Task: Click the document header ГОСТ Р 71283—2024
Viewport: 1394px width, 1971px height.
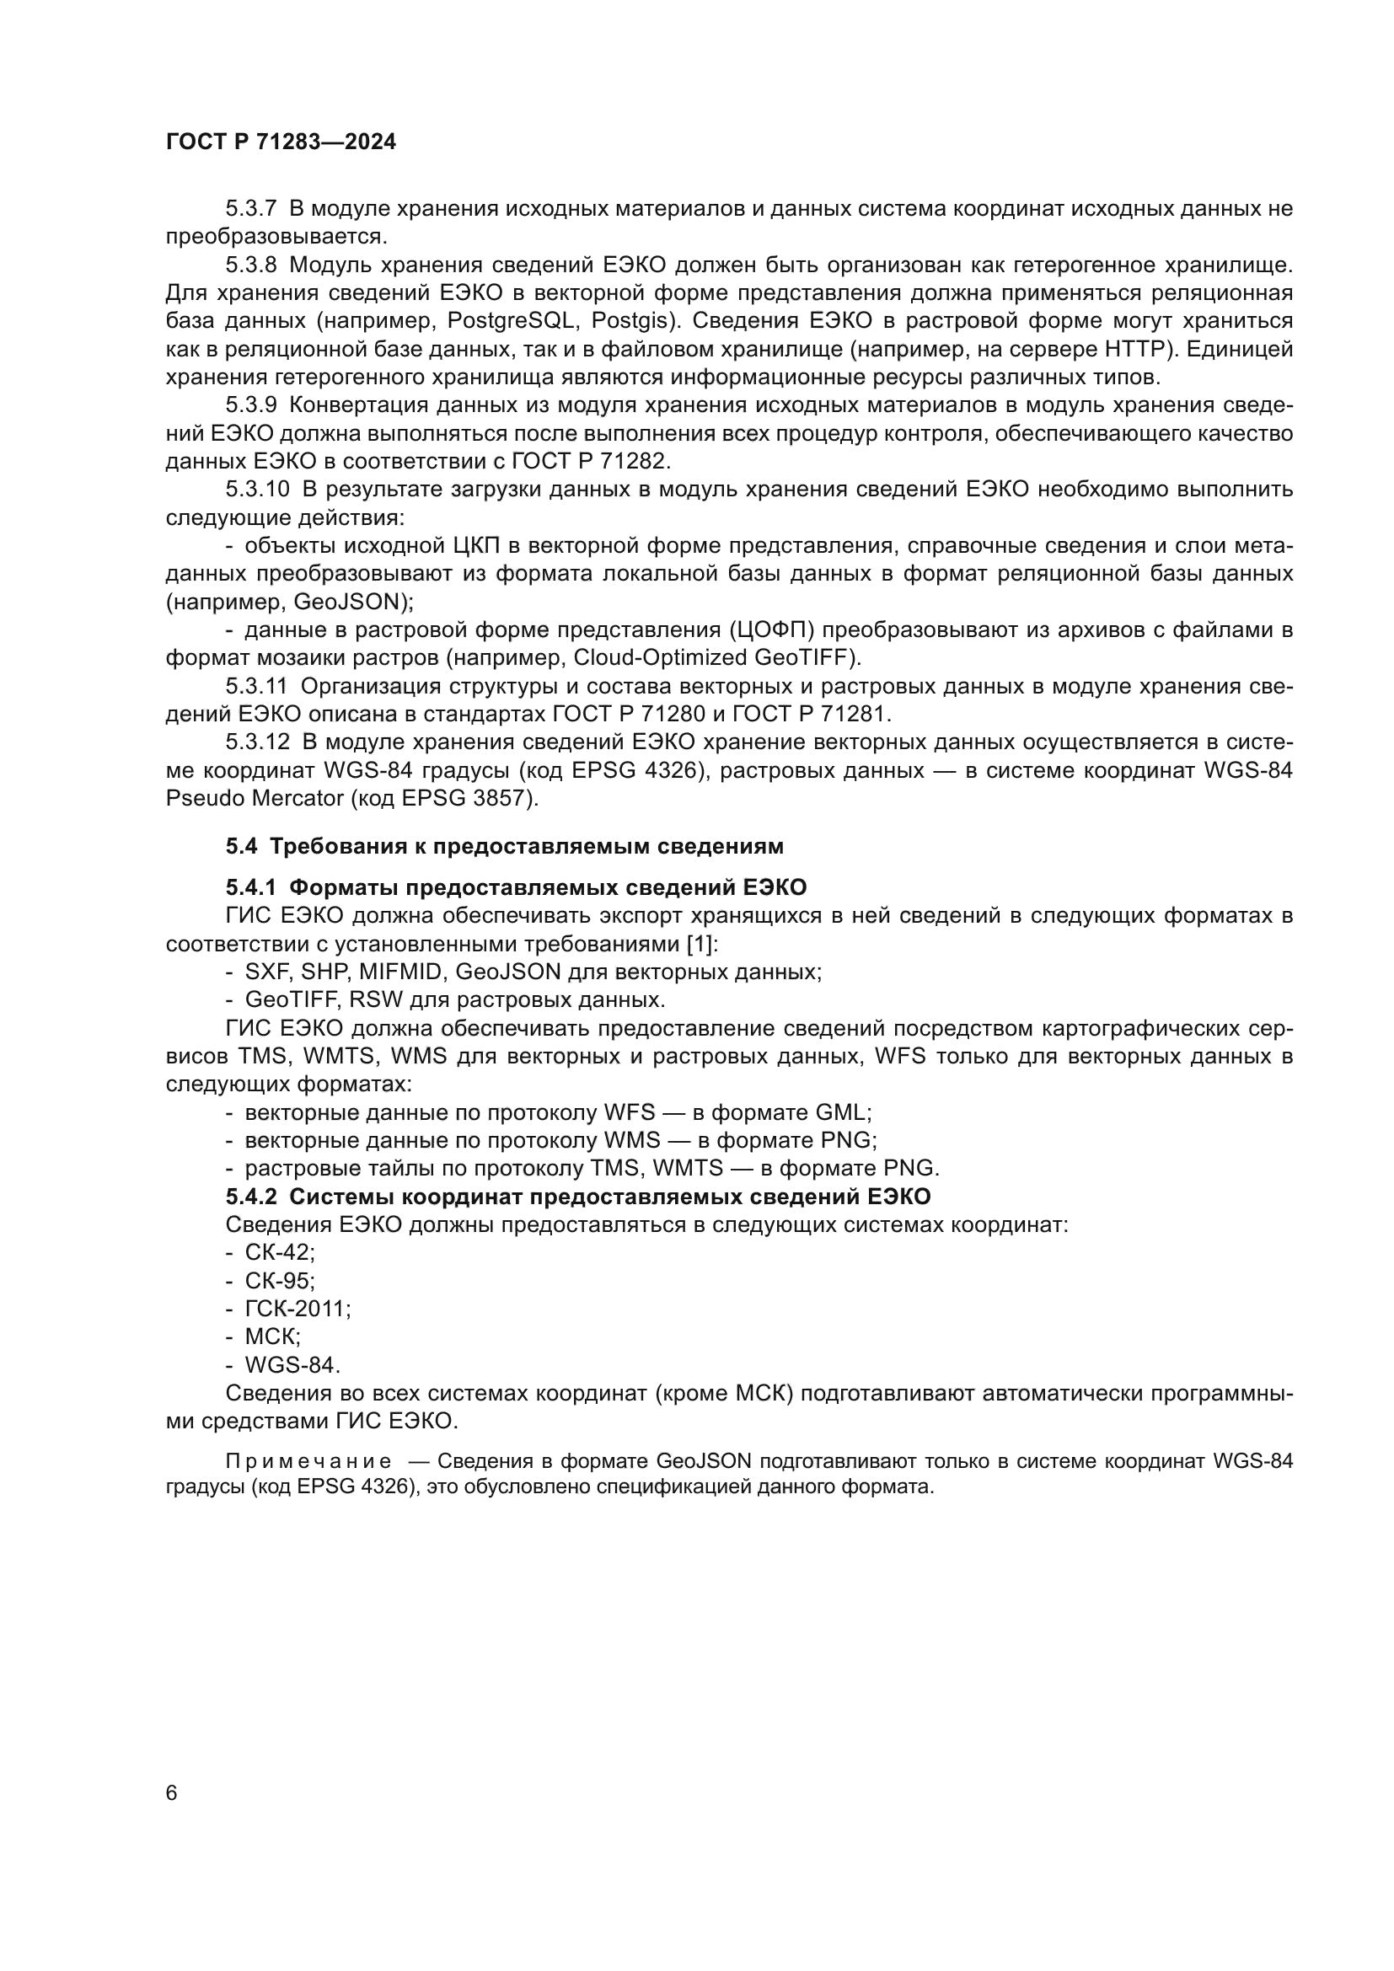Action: [281, 142]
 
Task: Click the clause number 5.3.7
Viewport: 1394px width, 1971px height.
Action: [250, 209]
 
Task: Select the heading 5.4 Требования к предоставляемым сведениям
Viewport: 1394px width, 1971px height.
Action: [505, 846]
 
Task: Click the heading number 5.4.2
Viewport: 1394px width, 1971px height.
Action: [250, 1197]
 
